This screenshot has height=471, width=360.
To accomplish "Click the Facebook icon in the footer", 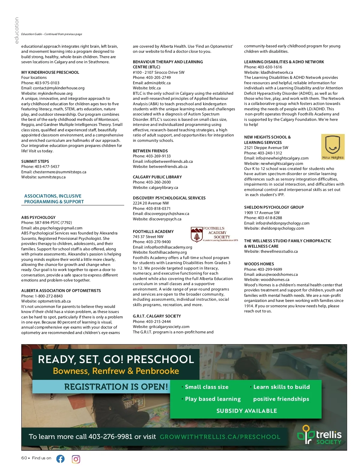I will pyautogui.click(x=60, y=459).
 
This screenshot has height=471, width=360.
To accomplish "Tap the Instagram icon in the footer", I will pyautogui.click(x=76, y=459).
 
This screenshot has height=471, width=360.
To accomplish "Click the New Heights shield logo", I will pyautogui.click(x=333, y=147).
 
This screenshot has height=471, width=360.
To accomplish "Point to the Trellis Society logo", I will pyautogui.click(x=319, y=435).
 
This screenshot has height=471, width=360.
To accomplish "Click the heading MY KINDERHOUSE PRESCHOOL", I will pyautogui.click(x=50, y=72).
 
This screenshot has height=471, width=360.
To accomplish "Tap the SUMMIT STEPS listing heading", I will pyautogui.click(x=35, y=161).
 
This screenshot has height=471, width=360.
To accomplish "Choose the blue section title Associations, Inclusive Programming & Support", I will pyautogui.click(x=54, y=199).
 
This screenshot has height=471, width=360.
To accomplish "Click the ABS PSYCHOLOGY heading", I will pyautogui.click(x=38, y=217).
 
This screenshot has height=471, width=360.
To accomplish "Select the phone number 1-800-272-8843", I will pyautogui.click(x=49, y=296).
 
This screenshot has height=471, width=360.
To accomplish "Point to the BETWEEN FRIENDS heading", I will pyautogui.click(x=150, y=151).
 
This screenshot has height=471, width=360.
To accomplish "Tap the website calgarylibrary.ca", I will pyautogui.click(x=163, y=187).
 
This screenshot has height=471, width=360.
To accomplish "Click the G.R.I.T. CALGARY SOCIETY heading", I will pyautogui.click(x=157, y=316).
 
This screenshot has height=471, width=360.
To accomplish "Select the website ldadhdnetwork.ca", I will pyautogui.click(x=277, y=72).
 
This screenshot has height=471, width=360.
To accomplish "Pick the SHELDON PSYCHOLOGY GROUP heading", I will pyautogui.click(x=274, y=207).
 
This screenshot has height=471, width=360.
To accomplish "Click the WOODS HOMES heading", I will pyautogui.click(x=259, y=264).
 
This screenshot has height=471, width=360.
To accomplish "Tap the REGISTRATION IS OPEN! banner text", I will pyautogui.click(x=116, y=387).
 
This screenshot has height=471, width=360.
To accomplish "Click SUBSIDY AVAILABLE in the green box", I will pyautogui.click(x=247, y=411).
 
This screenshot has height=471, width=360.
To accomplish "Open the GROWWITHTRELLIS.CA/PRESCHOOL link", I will pyautogui.click(x=220, y=437).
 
